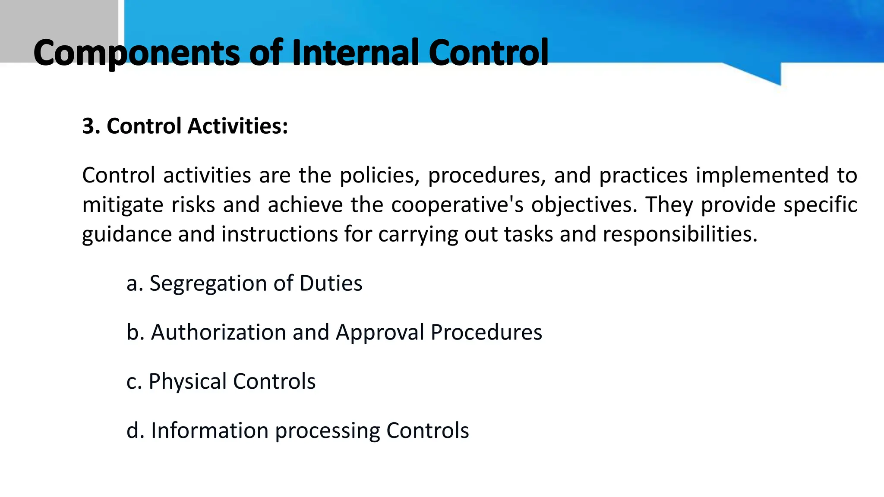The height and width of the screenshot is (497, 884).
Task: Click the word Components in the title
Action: [x=136, y=53]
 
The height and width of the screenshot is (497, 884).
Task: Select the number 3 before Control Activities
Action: [x=88, y=126]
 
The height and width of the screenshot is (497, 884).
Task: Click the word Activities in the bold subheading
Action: [x=238, y=126]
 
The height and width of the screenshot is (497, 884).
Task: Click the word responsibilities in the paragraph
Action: [x=680, y=234]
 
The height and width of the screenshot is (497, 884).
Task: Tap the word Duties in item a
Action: [x=331, y=284]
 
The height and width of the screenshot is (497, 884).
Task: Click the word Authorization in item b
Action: [x=218, y=333]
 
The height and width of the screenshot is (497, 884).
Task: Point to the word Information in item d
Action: [x=209, y=431]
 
